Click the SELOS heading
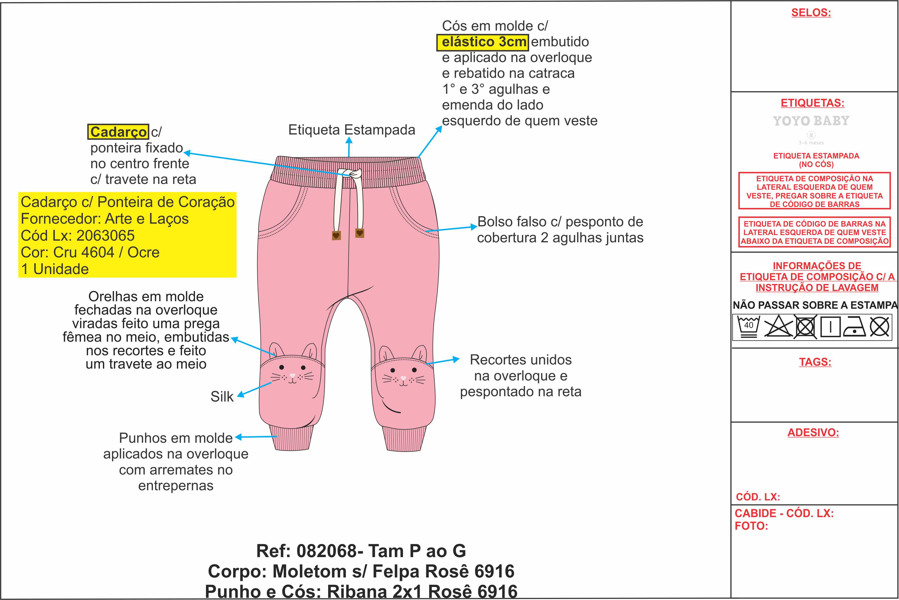[811, 13]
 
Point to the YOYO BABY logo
[811, 121]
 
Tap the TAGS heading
[815, 362]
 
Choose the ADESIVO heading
[813, 432]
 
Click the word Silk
[222, 396]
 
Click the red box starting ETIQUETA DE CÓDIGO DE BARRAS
[814, 232]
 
